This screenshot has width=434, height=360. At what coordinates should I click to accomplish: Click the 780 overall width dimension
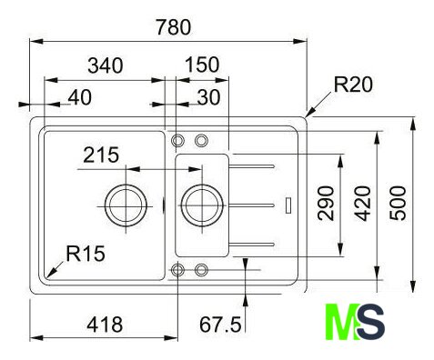coord(174,26)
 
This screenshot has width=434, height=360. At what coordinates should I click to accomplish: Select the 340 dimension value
coord(106,65)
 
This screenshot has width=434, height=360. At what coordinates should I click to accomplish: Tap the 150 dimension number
coord(202,65)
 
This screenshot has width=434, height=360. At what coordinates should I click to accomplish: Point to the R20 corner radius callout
coord(353,85)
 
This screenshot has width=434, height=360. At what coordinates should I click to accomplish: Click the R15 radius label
coord(86,253)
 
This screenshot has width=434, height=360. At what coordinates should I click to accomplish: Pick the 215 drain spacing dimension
coord(101,155)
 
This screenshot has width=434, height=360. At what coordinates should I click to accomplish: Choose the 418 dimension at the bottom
coord(105,325)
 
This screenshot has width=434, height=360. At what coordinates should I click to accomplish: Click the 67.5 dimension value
coord(220,325)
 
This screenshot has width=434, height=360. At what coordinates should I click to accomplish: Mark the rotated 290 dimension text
coord(326,203)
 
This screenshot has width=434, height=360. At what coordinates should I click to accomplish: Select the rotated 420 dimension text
coord(363,203)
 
